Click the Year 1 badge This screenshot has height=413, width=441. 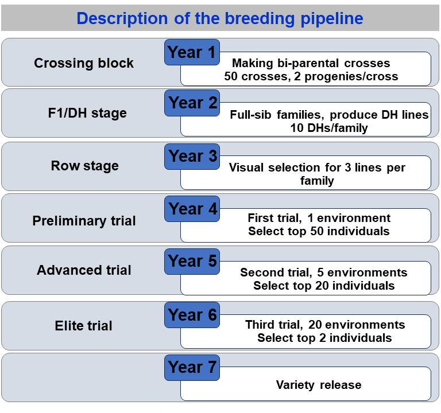point(192,52)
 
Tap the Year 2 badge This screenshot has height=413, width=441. point(192,103)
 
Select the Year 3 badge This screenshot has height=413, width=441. point(192,157)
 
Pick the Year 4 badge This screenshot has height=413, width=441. point(192,209)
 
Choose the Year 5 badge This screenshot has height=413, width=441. point(192,262)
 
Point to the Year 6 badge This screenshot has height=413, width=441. point(192,315)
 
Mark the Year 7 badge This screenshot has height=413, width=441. point(192,368)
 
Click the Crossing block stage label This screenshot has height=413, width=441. point(84,63)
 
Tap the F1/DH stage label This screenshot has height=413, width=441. point(87,113)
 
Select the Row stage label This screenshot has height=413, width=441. point(84,166)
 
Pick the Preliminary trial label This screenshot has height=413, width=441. point(84,221)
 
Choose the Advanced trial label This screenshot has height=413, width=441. point(84,270)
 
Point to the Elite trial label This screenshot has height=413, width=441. point(83,326)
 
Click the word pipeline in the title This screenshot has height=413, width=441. point(332,19)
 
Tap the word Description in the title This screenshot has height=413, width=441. point(122,19)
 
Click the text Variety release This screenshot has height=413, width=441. point(319,385)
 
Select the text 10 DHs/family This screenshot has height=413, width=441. point(329,128)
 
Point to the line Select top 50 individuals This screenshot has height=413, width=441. point(319,231)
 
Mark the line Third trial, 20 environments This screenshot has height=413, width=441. point(325,325)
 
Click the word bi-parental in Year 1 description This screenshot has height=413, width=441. point(308,63)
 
